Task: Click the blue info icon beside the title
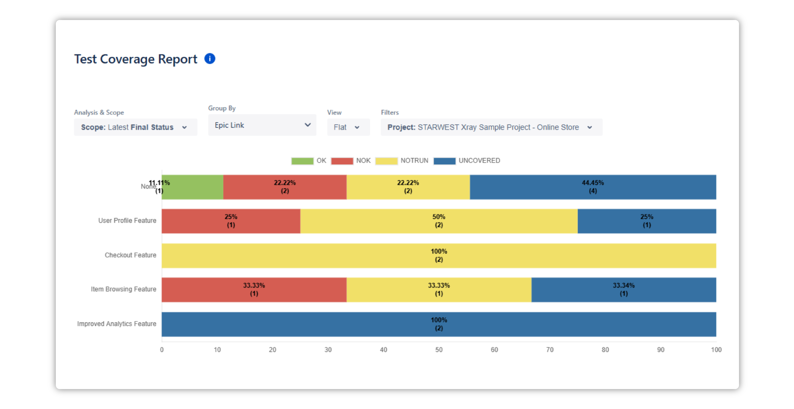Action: coord(210,59)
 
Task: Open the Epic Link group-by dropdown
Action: coord(262,125)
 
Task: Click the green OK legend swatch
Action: coord(302,161)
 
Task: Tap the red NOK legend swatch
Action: coord(342,161)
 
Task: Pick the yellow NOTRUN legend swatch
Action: coord(386,161)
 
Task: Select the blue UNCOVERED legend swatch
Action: coord(444,161)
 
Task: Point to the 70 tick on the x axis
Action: coord(550,350)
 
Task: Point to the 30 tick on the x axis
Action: coord(328,350)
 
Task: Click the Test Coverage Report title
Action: coord(136,59)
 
